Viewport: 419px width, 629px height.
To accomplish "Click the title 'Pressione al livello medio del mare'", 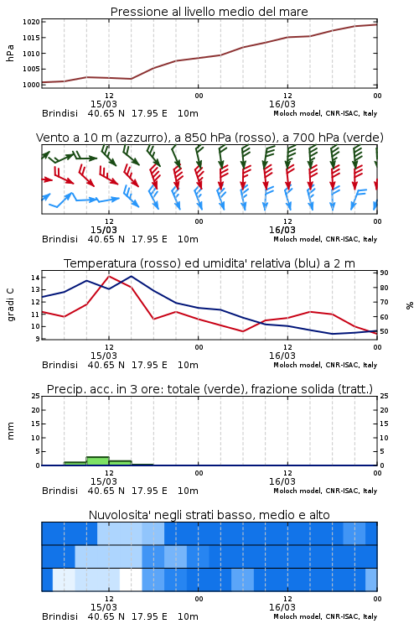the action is pos(209,12).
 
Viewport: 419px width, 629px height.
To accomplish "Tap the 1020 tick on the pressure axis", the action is pos(31,22).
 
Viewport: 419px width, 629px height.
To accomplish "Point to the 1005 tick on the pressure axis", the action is pos(31,69).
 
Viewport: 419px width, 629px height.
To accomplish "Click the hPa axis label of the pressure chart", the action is pos(10,53).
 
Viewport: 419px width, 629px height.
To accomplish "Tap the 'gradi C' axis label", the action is pos(10,305).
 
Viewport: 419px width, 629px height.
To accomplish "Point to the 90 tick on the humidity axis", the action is pos(384,273).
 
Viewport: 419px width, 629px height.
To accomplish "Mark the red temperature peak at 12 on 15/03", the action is pos(109,276).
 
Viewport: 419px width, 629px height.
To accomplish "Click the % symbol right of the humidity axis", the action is pos(410,305).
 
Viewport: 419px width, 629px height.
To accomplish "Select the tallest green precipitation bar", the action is pos(98,461).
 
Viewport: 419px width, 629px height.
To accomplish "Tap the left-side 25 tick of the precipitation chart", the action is pos(35,396).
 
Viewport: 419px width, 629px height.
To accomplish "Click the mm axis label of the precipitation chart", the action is pos(10,431).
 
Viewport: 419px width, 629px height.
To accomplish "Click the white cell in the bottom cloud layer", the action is pos(131,580).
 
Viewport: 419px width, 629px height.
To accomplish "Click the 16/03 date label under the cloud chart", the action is pos(282,607).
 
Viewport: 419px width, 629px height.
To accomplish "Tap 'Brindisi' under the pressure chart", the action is pos(59,113).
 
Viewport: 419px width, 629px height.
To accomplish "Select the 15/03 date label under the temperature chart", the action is pos(104,356).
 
